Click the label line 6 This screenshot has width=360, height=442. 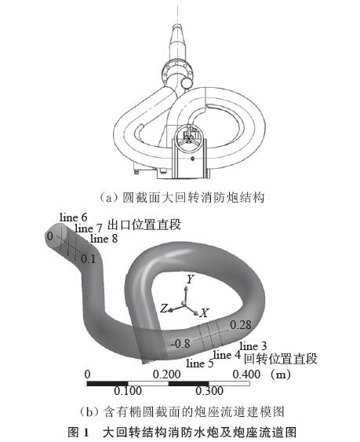tap(73, 217)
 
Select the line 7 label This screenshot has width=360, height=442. tap(89, 228)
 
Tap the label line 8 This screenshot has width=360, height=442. tap(104, 239)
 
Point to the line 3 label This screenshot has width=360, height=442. tap(253, 346)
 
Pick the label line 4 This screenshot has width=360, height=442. tap(227, 355)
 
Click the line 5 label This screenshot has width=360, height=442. tap(200, 363)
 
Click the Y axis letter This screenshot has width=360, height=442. tap(191, 279)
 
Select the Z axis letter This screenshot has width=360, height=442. tap(164, 308)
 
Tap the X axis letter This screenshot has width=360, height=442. tap(204, 312)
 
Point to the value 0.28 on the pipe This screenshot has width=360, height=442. tap(241, 325)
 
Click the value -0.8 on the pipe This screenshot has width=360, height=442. tap(180, 343)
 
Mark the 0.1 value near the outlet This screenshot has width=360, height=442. tap(88, 259)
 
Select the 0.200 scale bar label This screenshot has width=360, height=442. tap(167, 374)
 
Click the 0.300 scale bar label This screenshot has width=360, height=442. tap(209, 391)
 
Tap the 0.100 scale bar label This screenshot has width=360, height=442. tap(128, 391)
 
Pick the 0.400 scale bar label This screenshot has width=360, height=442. tap(246, 374)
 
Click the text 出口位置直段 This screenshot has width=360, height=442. tap(144, 225)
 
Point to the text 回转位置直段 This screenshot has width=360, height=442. tap(281, 359)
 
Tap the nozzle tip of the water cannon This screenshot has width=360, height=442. tap(177, 26)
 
